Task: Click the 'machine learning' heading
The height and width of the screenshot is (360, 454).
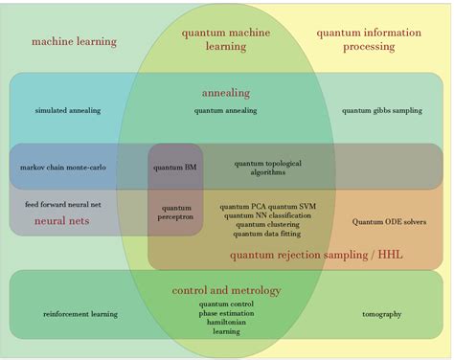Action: coord(74,41)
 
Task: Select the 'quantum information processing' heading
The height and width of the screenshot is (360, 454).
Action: coord(369,39)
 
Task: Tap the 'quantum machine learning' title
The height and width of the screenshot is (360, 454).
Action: coord(226,39)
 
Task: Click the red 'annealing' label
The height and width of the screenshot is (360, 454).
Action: coord(226,93)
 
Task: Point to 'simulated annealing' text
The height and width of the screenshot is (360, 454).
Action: coord(67,111)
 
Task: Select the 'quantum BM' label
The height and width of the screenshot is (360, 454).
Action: coord(174,168)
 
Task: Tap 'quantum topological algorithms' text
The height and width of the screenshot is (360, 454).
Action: coord(267,168)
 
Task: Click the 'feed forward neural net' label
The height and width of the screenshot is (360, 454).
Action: coord(62,204)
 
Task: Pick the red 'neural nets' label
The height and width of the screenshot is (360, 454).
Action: coord(62,221)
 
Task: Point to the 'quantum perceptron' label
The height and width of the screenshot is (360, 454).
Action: coord(176,212)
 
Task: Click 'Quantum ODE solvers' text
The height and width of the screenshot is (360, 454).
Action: coord(389,222)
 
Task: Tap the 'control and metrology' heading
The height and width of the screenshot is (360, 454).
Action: coord(226,290)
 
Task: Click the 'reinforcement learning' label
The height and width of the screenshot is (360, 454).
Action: coord(80,314)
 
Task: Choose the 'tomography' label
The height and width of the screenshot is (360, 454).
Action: coord(381,314)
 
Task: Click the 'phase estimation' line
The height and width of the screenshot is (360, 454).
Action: coord(226,314)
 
